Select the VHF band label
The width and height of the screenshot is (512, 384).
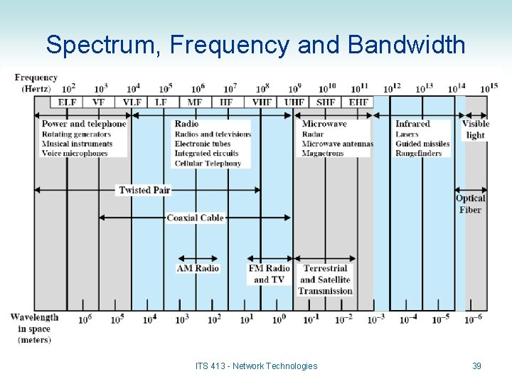pos(262,102)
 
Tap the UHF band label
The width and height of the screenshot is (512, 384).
pos(294,102)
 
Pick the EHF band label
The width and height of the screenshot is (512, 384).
pos(358,102)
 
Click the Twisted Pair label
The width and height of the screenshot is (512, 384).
pos(145,190)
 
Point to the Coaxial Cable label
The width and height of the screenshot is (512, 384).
pos(195,218)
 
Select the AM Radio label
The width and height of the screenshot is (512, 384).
pos(198,268)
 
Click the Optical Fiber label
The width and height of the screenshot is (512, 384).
pos(470,204)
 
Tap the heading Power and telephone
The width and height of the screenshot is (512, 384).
pos(84,124)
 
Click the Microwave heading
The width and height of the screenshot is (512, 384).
pos(324,124)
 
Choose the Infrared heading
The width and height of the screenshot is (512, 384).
pos(412,124)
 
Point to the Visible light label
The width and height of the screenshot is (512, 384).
pos(476,129)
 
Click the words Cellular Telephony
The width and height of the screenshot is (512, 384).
pos(208,164)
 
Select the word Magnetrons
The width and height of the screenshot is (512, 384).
pos(323,154)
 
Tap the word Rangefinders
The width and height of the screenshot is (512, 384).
pos(419,154)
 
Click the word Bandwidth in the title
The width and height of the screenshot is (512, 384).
pos(406,45)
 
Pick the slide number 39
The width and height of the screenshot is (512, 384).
pos(476,366)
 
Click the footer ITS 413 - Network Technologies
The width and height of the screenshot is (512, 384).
pos(256,366)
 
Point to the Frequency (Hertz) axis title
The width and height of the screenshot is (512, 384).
pos(36,83)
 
